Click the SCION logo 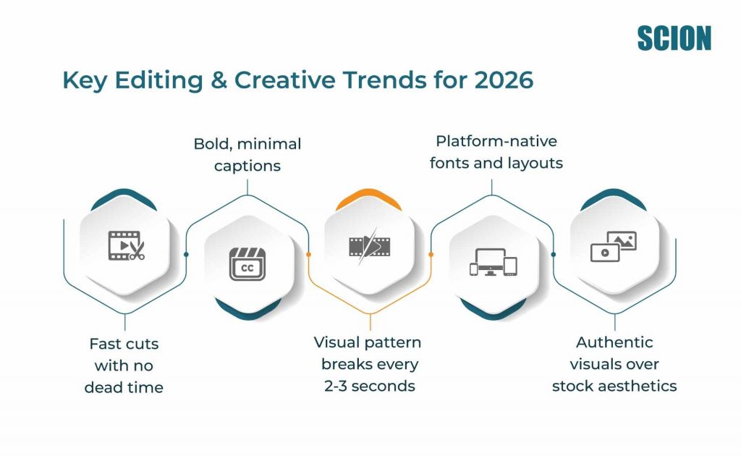click(674, 38)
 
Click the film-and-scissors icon click(126, 245)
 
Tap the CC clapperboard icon click(247, 263)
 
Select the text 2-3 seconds click(369, 386)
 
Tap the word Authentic click(614, 342)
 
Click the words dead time click(124, 387)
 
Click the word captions click(247, 166)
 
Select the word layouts click(535, 163)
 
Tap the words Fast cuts click(124, 343)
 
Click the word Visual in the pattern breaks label click(336, 342)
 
